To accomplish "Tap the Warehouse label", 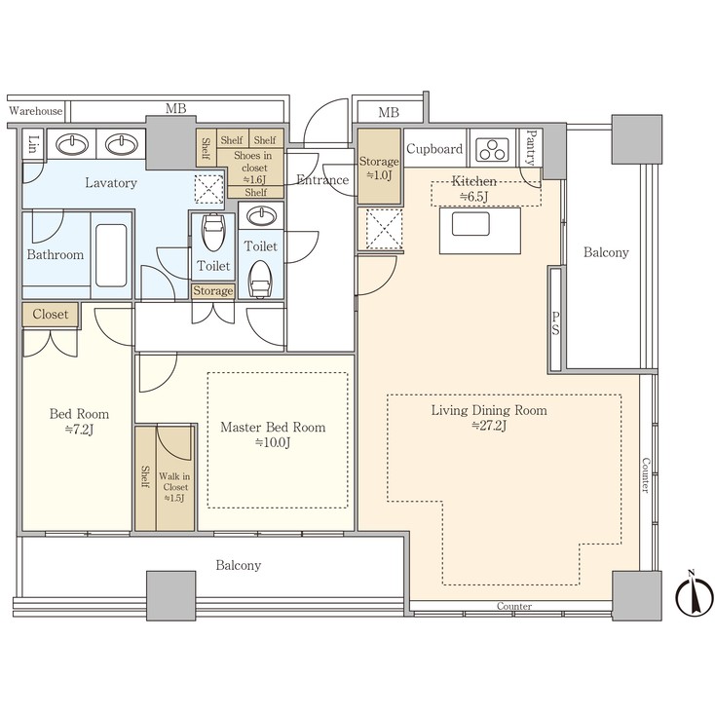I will pyautogui.click(x=36, y=111).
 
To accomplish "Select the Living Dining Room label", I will pyautogui.click(x=489, y=417).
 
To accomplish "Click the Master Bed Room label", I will pyautogui.click(x=273, y=433).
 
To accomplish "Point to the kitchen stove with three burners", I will pyautogui.click(x=492, y=149).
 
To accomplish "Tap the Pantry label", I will pyautogui.click(x=532, y=148).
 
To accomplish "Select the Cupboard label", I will pyautogui.click(x=434, y=149).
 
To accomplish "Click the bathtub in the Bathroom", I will pyautogui.click(x=112, y=254).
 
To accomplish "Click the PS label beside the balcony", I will pyautogui.click(x=555, y=324).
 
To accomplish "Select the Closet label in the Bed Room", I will pyautogui.click(x=51, y=315).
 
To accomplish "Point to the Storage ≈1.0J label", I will pyautogui.click(x=378, y=168).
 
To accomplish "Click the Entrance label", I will pyautogui.click(x=322, y=180).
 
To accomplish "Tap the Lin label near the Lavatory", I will pyautogui.click(x=33, y=145).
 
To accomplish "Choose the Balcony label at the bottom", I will pyautogui.click(x=238, y=565).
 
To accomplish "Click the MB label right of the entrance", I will pyautogui.click(x=388, y=112).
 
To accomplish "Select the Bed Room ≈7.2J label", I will pyautogui.click(x=73, y=421).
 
